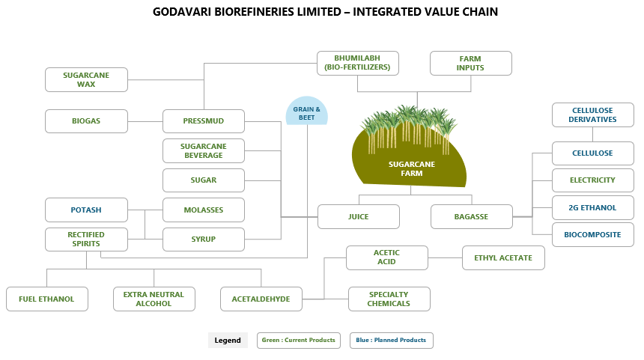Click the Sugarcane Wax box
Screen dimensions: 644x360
(86, 79)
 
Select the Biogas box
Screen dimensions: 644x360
(86, 121)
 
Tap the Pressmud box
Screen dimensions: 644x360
(204, 121)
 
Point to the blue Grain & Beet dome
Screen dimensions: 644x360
(307, 111)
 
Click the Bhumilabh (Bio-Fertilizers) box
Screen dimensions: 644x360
(358, 63)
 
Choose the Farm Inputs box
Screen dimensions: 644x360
(471, 63)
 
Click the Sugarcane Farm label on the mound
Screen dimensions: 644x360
(412, 168)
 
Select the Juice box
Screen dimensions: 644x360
(359, 217)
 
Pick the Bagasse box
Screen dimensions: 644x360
(472, 217)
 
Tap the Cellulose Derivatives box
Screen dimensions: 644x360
(592, 115)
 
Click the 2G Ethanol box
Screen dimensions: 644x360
(592, 208)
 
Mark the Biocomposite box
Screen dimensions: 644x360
(592, 235)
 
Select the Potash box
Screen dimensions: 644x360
(86, 210)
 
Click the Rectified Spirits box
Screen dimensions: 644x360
(86, 240)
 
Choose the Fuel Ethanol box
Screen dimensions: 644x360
(47, 299)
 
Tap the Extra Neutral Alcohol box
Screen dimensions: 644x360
(154, 299)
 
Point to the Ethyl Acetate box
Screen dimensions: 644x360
(503, 257)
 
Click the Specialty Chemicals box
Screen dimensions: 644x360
(389, 299)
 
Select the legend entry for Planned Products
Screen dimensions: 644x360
(392, 341)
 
